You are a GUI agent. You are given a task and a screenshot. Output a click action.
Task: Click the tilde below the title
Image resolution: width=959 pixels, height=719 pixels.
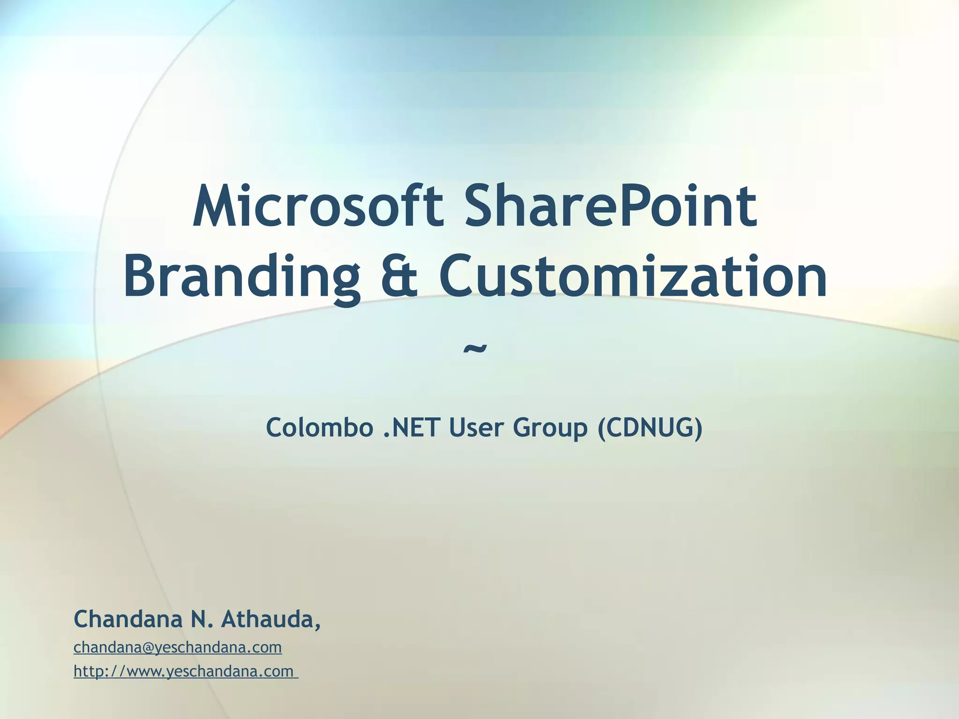pyautogui.click(x=475, y=349)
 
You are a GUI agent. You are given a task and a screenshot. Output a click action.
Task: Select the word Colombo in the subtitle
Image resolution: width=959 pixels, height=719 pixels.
pyautogui.click(x=319, y=427)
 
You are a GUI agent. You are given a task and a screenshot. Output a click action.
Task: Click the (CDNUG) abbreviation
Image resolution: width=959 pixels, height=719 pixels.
pyautogui.click(x=650, y=427)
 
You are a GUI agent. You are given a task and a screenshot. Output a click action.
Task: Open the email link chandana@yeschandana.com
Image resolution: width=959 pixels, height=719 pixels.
pyautogui.click(x=178, y=647)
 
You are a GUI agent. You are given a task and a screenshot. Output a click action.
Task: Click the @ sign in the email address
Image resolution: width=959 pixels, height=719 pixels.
pyautogui.click(x=148, y=648)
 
